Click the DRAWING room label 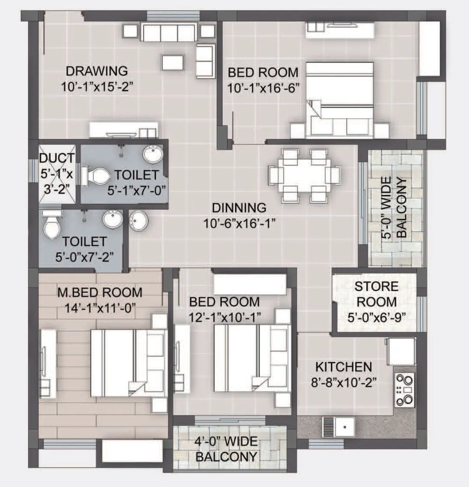tap(97, 71)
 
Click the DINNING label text tap(239, 208)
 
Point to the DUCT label tap(57, 159)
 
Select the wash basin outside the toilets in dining tap(138, 221)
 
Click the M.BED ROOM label tap(100, 292)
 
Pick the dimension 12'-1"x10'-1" tap(225, 317)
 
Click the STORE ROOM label tap(376, 294)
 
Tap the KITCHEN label tap(343, 367)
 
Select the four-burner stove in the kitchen tap(404, 389)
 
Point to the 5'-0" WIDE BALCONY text tap(393, 208)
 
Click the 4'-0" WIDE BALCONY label tap(226, 449)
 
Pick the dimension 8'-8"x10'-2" tap(343, 383)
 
